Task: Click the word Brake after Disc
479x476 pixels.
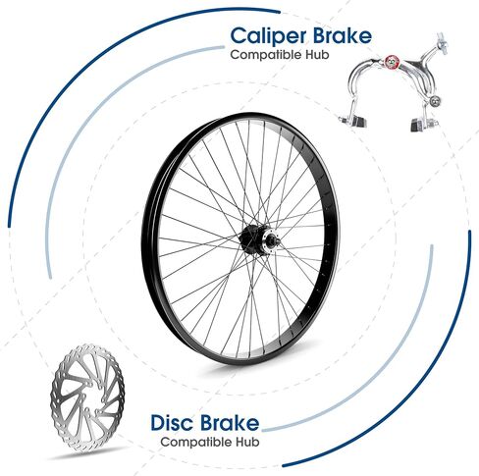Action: coord(231,422)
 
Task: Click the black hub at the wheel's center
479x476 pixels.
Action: coord(252,239)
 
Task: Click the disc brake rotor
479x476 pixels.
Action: coord(87,398)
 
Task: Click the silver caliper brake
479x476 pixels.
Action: coord(393,81)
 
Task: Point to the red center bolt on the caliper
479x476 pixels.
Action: coord(391,61)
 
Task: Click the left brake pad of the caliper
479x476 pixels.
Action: coord(356,121)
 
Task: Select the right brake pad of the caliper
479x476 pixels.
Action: coord(423,124)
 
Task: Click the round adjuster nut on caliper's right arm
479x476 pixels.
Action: coord(435,101)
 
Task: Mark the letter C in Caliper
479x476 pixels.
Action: coord(239,35)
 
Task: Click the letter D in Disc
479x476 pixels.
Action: coord(158,422)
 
